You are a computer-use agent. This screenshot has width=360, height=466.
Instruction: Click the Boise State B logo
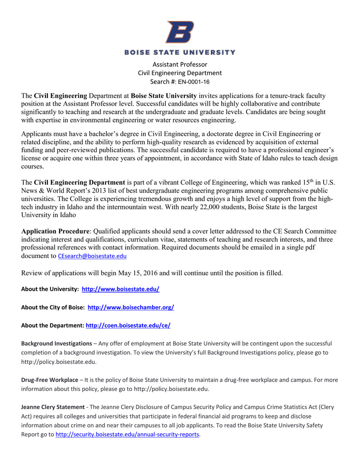tap(179, 31)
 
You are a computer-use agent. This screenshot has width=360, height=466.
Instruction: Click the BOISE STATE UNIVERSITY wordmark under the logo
tap(180, 52)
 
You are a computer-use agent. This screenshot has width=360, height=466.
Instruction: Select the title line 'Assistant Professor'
tap(180, 64)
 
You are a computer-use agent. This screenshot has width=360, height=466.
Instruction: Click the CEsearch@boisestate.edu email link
tap(92, 256)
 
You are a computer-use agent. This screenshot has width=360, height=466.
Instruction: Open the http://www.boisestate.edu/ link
tap(120, 289)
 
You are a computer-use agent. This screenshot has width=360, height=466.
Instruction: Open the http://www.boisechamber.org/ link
tap(130, 307)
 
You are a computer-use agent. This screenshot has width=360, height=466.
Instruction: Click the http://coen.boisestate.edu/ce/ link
tap(128, 325)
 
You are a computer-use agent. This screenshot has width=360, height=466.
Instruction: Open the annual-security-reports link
tap(127, 434)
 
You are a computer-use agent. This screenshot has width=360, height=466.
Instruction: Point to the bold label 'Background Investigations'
tap(56, 343)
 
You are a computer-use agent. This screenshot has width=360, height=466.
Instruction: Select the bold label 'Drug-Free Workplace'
tap(50, 380)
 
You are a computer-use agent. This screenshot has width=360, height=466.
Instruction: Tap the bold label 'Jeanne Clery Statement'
tap(53, 407)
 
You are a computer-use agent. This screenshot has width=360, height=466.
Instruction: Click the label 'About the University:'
tap(50, 289)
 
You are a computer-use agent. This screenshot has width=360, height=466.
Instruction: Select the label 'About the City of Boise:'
tap(53, 307)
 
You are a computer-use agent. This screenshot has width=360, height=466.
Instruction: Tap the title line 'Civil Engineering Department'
tap(180, 73)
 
